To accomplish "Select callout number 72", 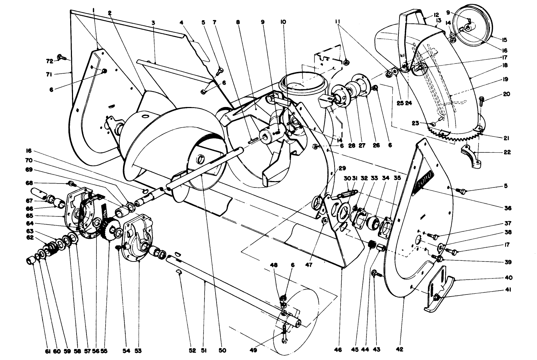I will [x=50, y=61].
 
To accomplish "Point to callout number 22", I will [x=507, y=152].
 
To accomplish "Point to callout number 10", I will [x=283, y=22].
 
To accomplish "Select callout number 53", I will [x=138, y=350].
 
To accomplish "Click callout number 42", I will [x=399, y=350].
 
